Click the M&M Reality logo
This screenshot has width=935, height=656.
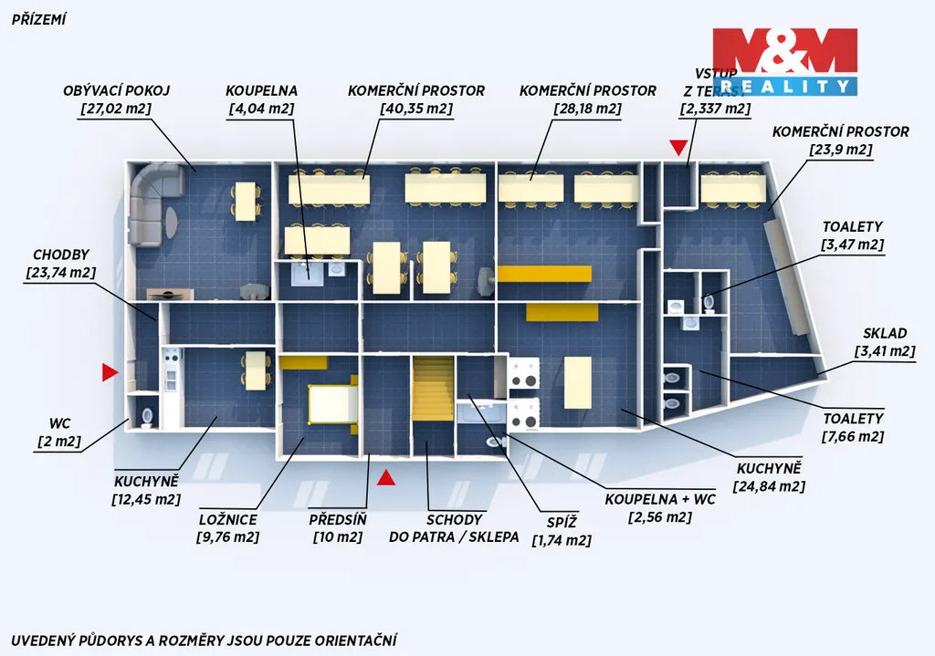coord(784,62)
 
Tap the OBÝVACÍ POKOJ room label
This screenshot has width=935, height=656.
coord(117,90)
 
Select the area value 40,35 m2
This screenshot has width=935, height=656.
coord(416,109)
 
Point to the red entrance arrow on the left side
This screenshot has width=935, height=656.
coord(110,372)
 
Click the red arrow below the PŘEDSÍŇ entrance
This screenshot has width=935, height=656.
coord(386,477)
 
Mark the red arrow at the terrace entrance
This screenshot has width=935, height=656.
coord(678,148)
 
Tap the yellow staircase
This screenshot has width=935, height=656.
coord(433,389)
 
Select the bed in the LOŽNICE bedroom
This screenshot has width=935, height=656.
coord(332,404)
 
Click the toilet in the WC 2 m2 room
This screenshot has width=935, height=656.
coord(147,417)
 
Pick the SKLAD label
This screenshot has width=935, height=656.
coord(885,334)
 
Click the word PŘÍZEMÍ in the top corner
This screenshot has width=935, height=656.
coord(38,20)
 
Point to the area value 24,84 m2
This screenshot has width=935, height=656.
coord(769,487)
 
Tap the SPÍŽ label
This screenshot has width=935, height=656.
coord(562,523)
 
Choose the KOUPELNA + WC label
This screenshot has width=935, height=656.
coord(660,499)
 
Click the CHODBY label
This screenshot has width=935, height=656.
coord(61,255)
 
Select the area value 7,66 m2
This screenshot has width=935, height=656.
coord(853,437)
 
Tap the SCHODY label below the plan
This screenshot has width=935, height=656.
coord(454,520)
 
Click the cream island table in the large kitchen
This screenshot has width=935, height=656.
coord(577,382)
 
